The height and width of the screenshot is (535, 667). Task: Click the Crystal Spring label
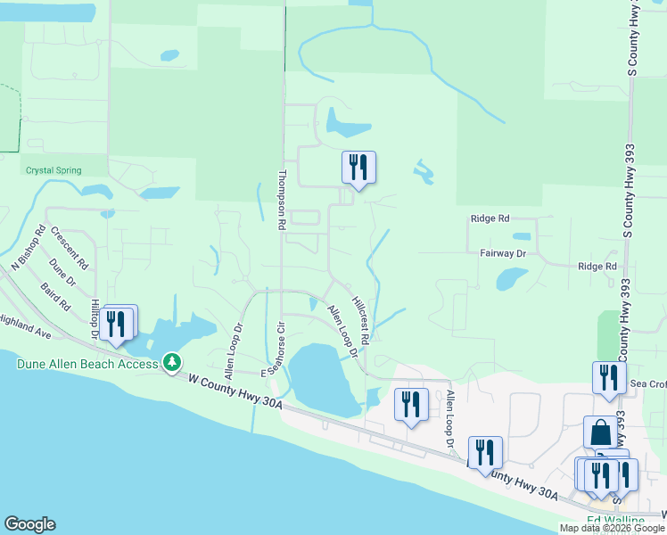[54, 169]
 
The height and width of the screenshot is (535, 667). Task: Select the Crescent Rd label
[70, 248]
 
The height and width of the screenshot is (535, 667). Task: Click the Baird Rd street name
[56, 297]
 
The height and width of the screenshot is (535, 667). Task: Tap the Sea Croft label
[647, 384]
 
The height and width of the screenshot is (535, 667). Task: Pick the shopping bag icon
[600, 433]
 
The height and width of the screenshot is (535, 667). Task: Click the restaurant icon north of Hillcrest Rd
[358, 167]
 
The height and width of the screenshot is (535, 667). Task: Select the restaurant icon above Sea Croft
[609, 377]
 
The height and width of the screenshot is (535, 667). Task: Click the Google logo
[29, 524]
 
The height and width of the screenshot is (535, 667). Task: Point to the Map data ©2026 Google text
[611, 528]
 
